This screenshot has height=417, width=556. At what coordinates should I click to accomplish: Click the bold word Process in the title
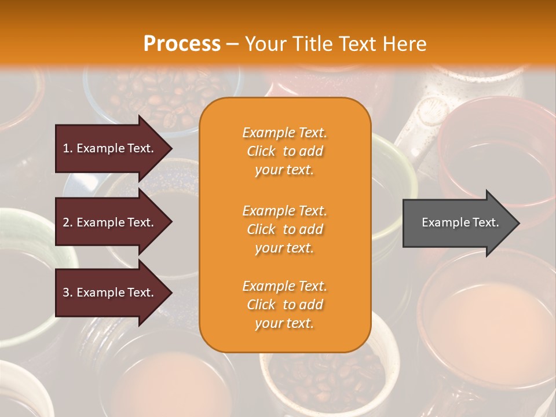coord(182,44)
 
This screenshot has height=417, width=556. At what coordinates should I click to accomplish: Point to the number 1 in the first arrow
coord(66,148)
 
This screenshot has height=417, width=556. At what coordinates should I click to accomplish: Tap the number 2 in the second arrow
coord(66,222)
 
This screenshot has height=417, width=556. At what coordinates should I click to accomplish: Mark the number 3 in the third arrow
coord(66,292)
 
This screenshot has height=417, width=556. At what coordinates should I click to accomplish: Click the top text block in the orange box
coord(284,151)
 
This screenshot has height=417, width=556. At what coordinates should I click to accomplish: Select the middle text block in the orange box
coord(284,229)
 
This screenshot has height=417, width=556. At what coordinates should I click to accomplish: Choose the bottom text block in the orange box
coord(284,305)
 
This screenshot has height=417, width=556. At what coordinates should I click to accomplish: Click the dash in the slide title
coord(232,45)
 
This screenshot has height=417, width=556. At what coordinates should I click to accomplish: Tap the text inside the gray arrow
coord(460,222)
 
